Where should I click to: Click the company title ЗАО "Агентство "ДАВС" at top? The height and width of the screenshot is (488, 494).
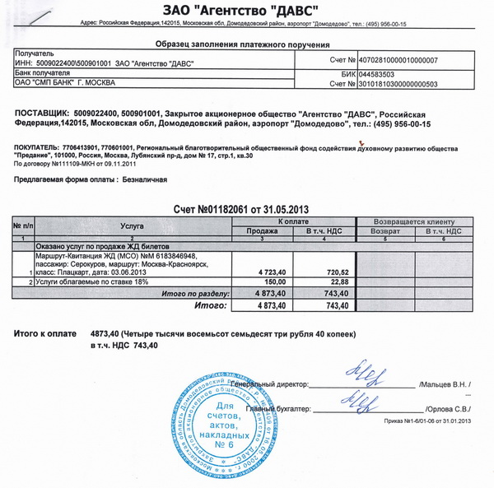246,12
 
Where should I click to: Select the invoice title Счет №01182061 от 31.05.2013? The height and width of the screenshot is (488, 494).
245,210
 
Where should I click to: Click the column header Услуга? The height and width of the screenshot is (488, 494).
132,224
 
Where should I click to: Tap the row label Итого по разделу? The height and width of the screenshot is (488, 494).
198,293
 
